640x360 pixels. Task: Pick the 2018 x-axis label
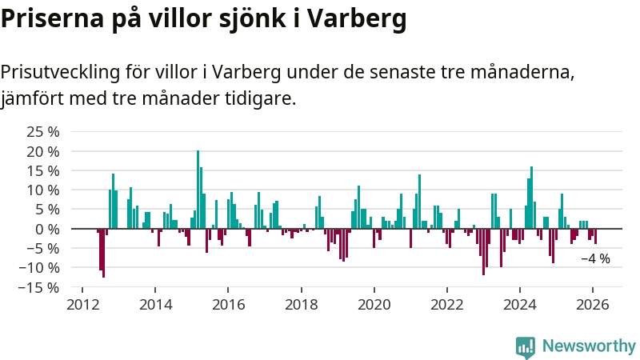pyautogui.click(x=301, y=304)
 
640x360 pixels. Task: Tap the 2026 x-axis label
pyautogui.click(x=593, y=304)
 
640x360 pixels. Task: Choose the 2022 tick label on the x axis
pyautogui.click(x=447, y=304)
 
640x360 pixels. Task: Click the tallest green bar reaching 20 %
pyautogui.click(x=198, y=190)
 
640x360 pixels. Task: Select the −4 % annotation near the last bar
pyautogui.click(x=595, y=258)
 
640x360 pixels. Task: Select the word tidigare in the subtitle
pyautogui.click(x=262, y=99)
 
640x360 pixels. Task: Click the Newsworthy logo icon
pyautogui.click(x=526, y=346)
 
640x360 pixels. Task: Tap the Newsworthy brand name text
pyautogui.click(x=589, y=346)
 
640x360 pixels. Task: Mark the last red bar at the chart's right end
pyautogui.click(x=595, y=236)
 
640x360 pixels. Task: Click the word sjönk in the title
pyautogui.click(x=258, y=19)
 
